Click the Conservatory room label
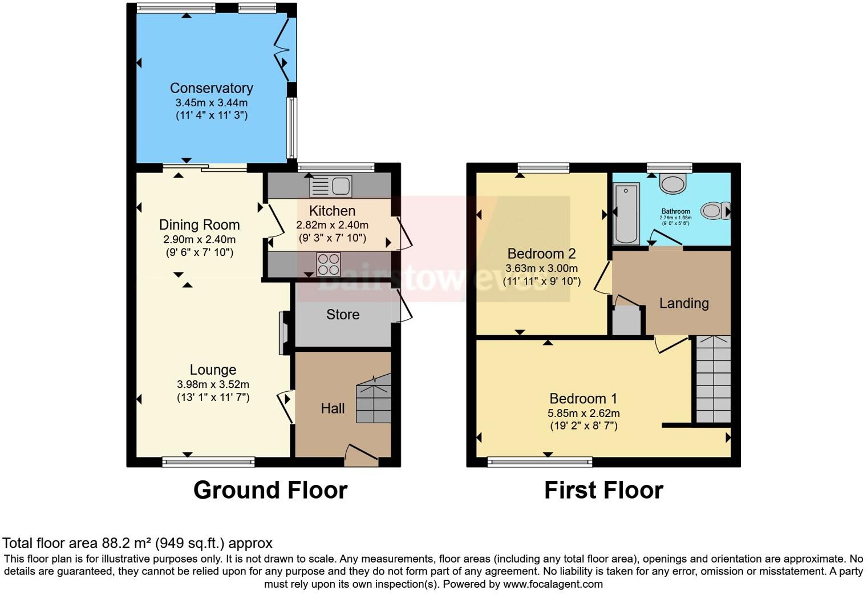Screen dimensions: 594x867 point(211,88)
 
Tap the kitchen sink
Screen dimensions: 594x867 point(331,186)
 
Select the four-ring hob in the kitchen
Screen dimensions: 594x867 point(329,264)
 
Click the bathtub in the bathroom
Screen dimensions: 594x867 point(626,214)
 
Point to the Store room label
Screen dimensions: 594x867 point(343,315)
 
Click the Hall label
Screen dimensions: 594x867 point(333,408)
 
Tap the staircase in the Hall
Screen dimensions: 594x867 point(374,400)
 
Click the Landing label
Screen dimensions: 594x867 point(684,303)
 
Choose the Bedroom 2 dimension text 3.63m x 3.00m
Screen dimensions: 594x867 point(541,268)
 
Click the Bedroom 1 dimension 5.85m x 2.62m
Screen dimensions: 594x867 point(584,413)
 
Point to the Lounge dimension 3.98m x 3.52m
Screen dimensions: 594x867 point(213,384)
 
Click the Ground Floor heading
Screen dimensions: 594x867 point(270,490)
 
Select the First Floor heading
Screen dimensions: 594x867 point(603,490)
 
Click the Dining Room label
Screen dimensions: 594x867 point(199,225)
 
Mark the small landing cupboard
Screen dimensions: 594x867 point(626,321)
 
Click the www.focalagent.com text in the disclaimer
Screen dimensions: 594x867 point(553,584)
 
